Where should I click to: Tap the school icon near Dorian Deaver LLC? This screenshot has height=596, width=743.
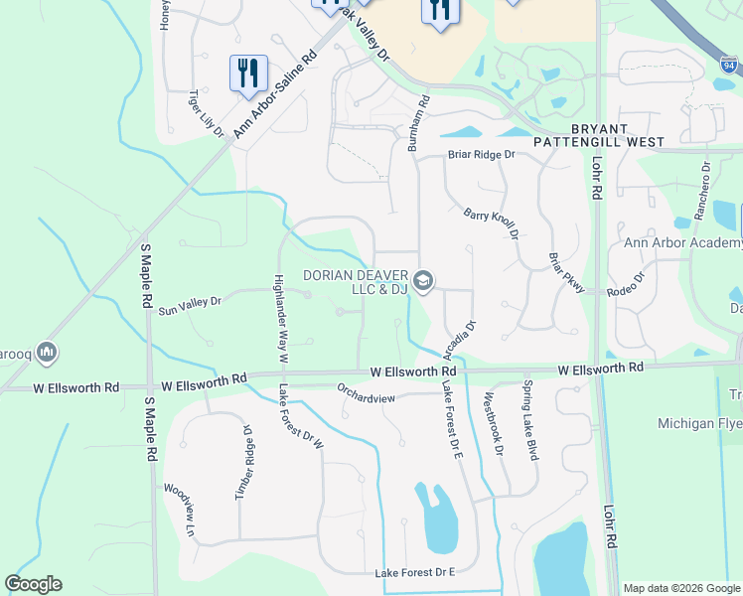[x=424, y=282]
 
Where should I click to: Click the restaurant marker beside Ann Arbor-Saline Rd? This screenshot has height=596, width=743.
[x=248, y=74]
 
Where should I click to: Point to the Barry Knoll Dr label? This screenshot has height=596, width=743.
[x=493, y=223]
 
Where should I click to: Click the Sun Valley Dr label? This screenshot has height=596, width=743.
[x=190, y=304]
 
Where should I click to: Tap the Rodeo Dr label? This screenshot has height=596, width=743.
[x=626, y=284]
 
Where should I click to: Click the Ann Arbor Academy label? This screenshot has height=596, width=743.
[x=682, y=242]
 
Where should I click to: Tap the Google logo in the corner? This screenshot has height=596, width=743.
[x=33, y=584]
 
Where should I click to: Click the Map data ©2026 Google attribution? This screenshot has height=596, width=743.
[x=680, y=588]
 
